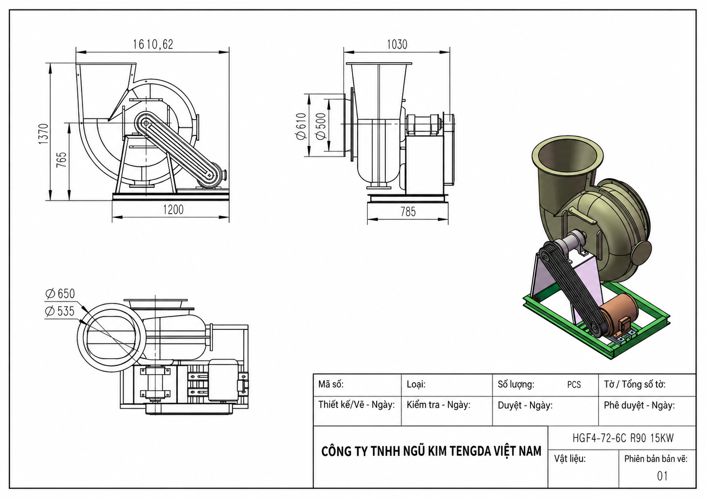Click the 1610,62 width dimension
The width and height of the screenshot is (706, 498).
153,44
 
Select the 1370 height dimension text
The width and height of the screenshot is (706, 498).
44,134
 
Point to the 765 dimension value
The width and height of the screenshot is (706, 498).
62,160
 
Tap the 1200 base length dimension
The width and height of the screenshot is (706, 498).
173,210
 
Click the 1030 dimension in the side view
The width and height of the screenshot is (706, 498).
397,44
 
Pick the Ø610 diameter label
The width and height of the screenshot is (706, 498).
301,126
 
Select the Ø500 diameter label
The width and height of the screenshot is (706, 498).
320,126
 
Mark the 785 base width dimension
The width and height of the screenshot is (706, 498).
408,212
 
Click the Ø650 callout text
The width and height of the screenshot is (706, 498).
60,294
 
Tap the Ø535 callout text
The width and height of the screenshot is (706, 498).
60,311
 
